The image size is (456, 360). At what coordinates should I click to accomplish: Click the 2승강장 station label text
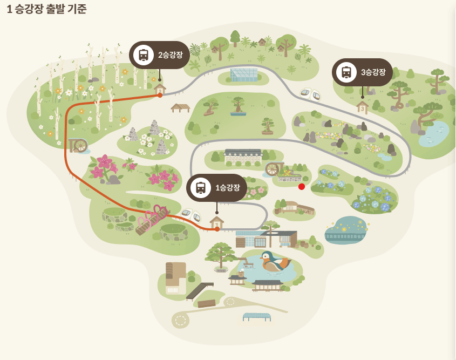(171, 55)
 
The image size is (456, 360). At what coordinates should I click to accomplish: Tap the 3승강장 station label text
(373, 72)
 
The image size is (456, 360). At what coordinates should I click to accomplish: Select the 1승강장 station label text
(227, 187)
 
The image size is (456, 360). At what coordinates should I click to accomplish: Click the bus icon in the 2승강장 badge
(144, 55)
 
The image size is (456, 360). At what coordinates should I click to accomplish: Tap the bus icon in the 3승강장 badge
(346, 72)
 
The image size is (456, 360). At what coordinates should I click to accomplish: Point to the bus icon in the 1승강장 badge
(201, 187)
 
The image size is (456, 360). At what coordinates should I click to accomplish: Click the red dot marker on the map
(302, 187)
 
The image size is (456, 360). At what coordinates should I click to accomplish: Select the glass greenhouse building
(243, 74)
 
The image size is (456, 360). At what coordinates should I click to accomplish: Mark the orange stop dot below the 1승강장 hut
(217, 229)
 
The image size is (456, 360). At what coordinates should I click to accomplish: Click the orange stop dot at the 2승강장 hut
(160, 95)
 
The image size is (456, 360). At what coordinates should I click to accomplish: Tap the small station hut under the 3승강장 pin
(362, 107)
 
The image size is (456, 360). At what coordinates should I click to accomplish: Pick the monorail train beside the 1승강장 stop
(191, 215)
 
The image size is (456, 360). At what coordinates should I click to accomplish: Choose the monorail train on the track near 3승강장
(310, 94)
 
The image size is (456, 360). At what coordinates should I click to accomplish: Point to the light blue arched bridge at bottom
(257, 316)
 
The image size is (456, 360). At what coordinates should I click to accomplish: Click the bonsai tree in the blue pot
(238, 106)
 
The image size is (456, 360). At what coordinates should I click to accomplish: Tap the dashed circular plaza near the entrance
(180, 320)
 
